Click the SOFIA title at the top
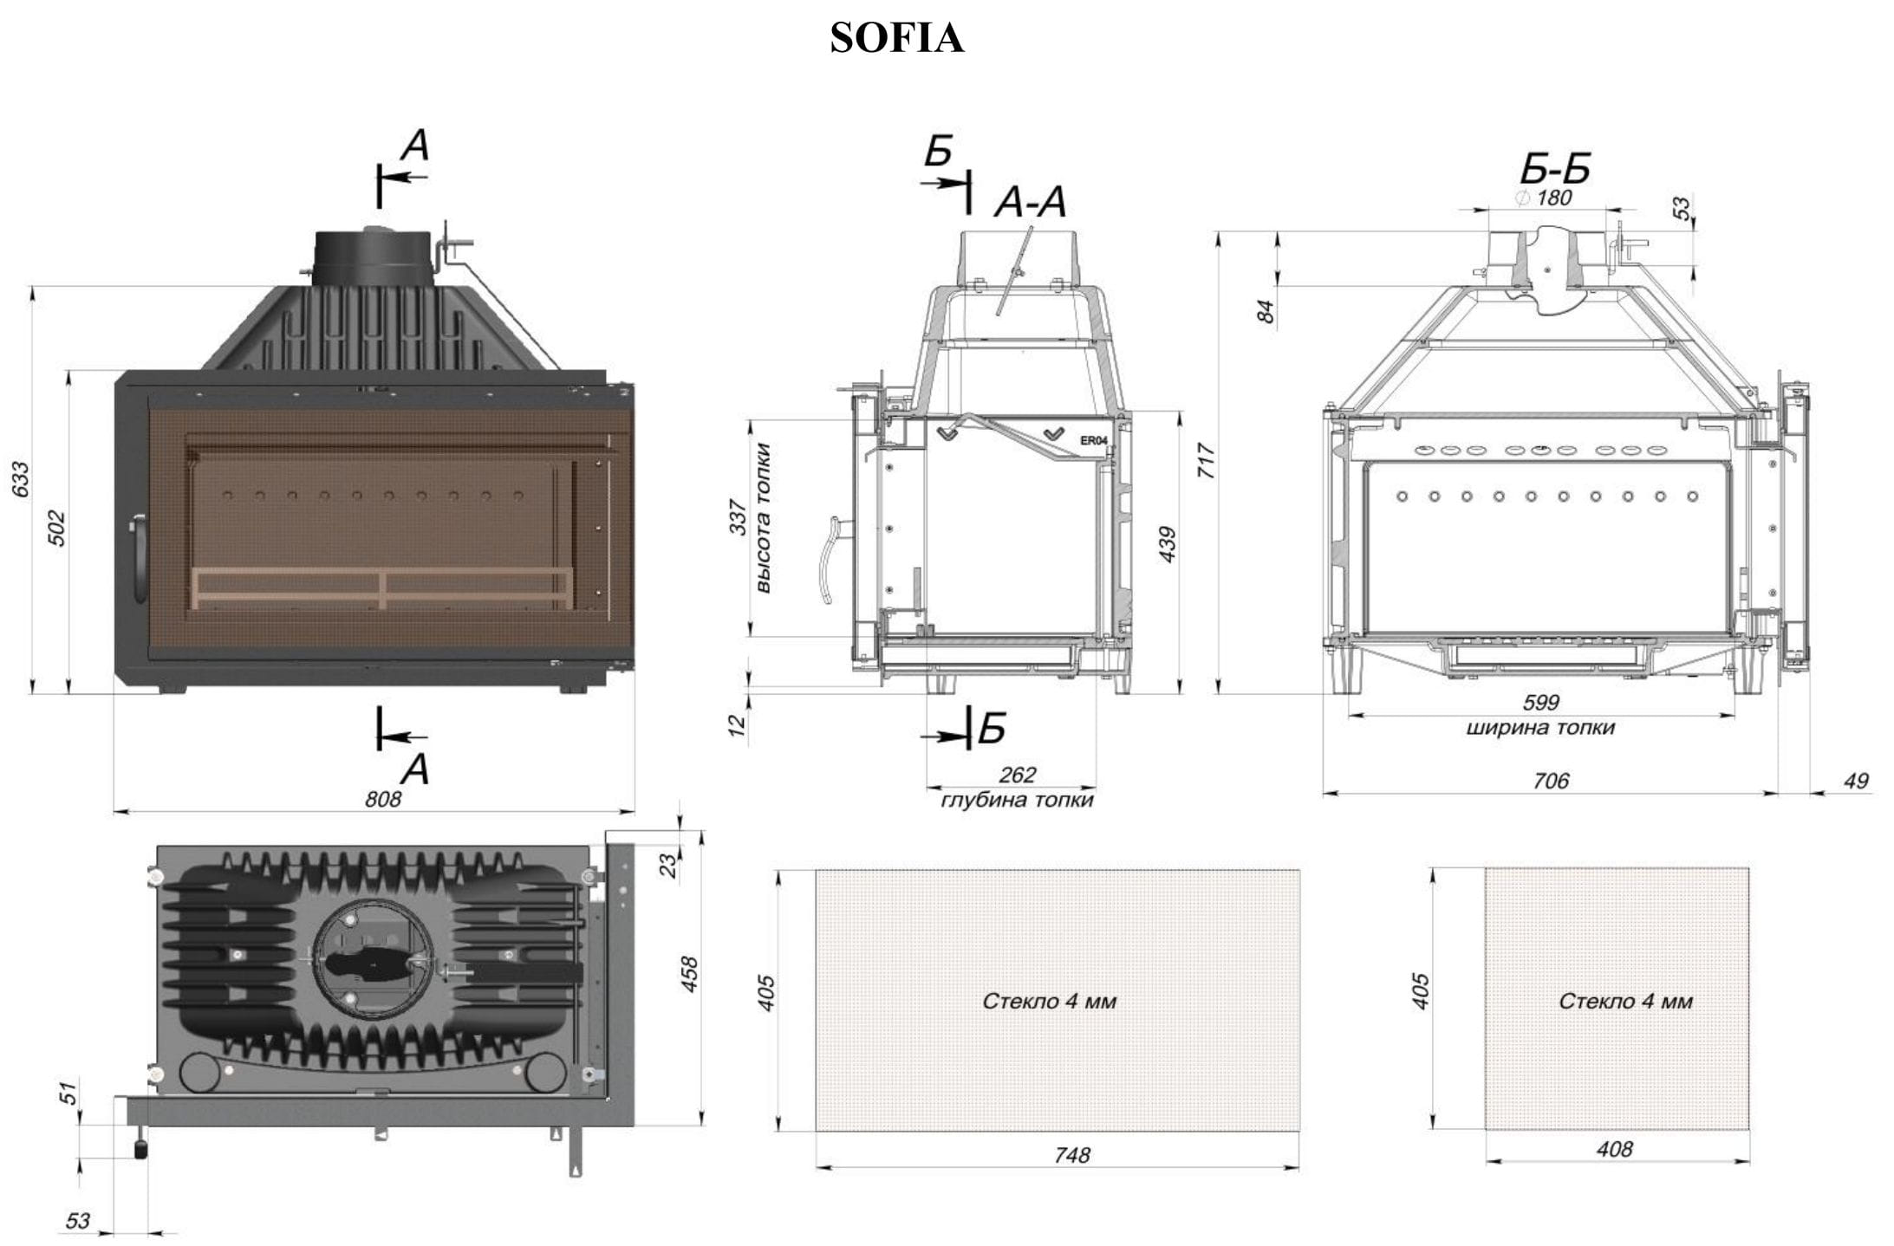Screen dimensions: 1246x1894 896,38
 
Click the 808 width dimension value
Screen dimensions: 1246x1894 382,798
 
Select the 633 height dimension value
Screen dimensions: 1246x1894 20,479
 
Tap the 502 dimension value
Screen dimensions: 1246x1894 55,528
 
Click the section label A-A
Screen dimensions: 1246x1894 1030,204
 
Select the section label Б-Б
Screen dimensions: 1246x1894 1555,170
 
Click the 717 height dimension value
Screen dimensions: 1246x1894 1206,460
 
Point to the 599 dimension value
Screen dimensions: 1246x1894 1540,702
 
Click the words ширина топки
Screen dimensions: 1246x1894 1540,727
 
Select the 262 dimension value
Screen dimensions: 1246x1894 1017,775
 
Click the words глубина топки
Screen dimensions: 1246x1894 1017,799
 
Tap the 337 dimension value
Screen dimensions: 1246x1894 738,517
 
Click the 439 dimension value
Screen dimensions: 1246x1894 1167,544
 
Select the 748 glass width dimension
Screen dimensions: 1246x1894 1071,1154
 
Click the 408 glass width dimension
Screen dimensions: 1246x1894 1614,1149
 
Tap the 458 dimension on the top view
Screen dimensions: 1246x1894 689,974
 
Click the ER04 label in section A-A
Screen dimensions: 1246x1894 1093,440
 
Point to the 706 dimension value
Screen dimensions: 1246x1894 1550,781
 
